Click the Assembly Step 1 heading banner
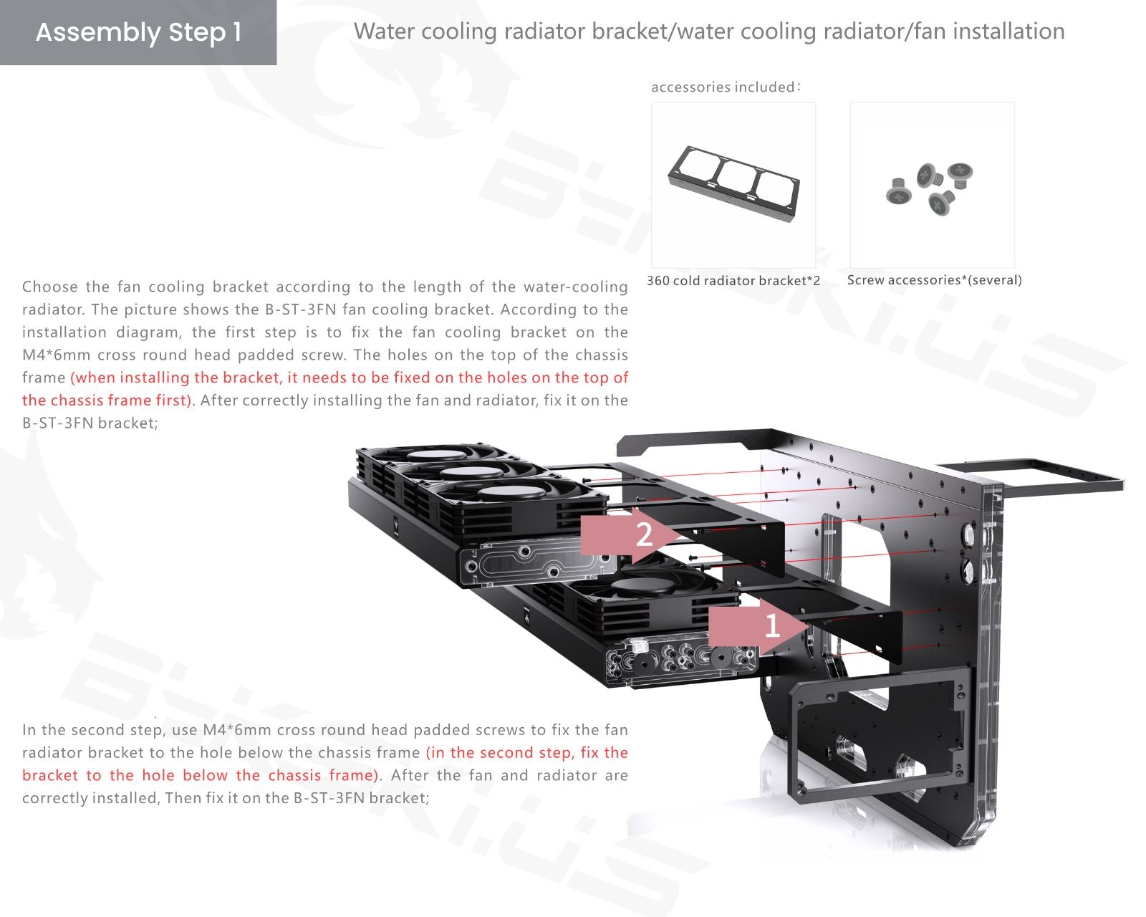[138, 32]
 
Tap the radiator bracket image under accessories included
[734, 183]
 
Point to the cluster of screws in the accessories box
[929, 188]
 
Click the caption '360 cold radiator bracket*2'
[733, 281]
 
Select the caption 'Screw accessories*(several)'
[934, 280]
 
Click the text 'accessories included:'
[726, 87]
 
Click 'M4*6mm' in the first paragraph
[55, 355]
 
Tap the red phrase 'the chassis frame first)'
[107, 400]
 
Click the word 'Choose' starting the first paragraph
[49, 287]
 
